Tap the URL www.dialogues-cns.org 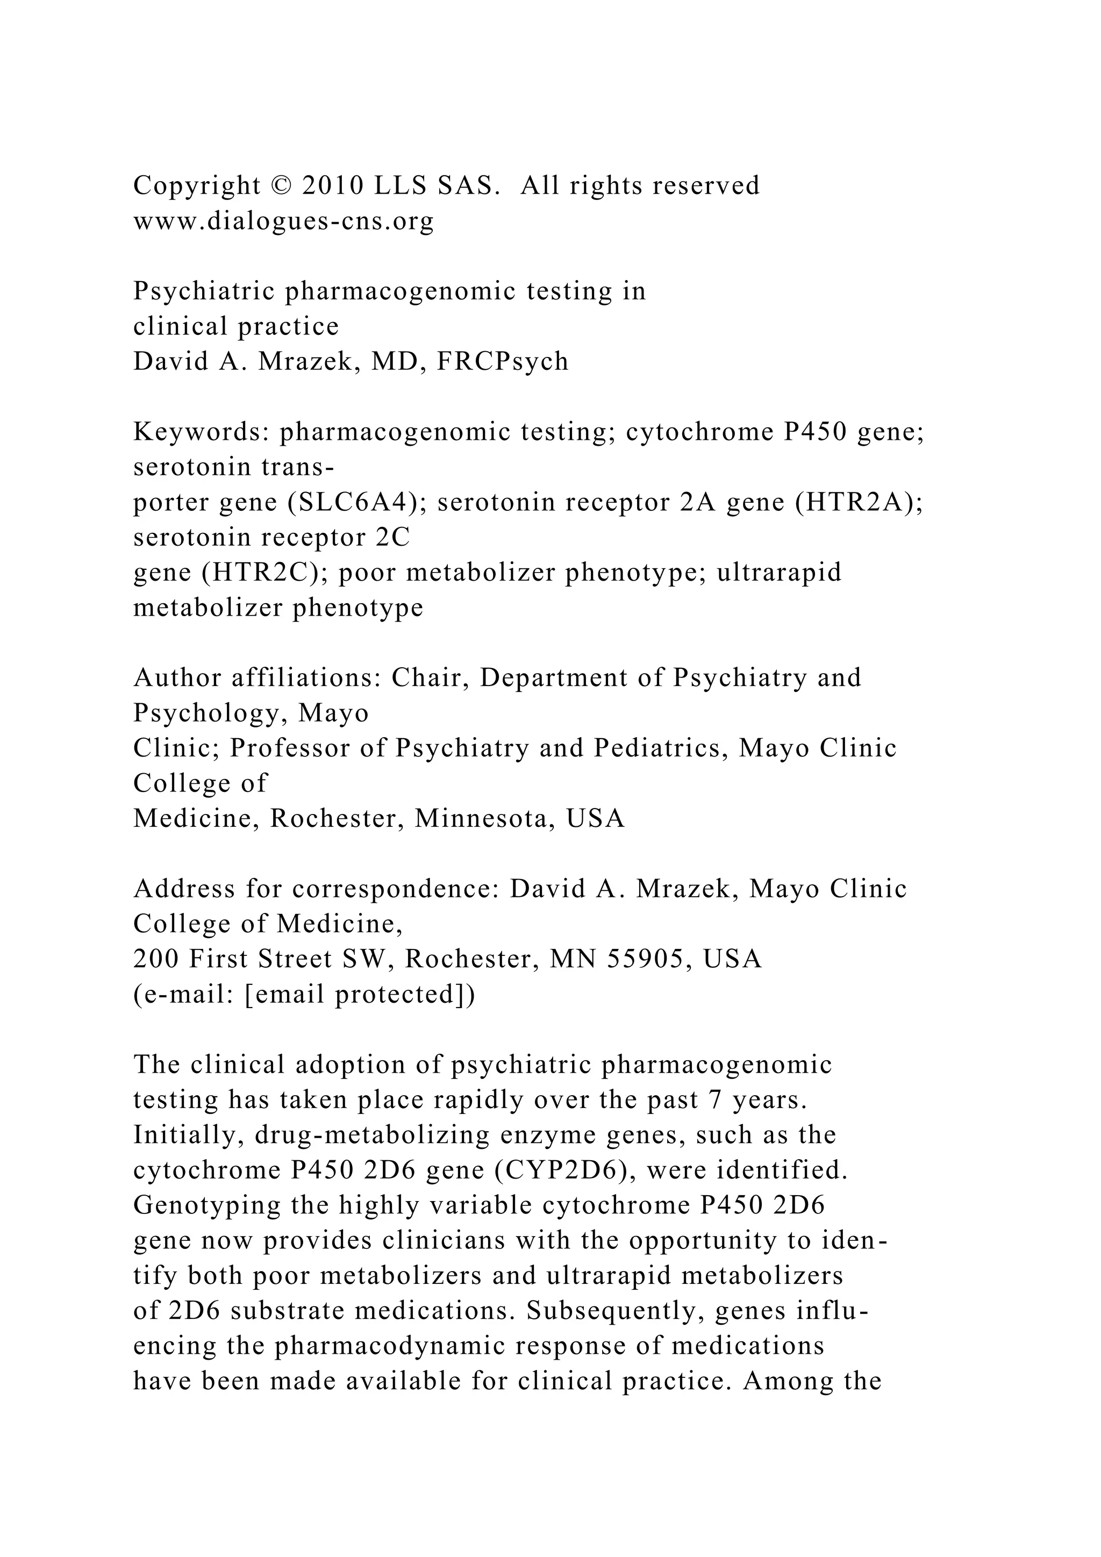283,221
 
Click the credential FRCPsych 502,361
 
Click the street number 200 156,960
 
